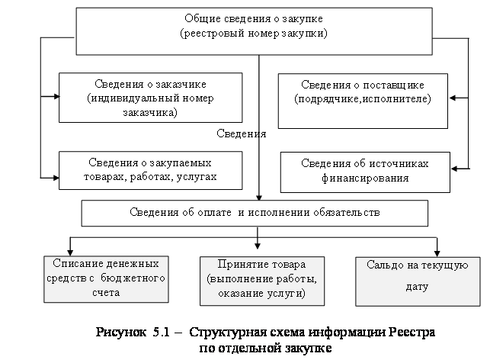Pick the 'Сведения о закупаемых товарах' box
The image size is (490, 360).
tap(152, 170)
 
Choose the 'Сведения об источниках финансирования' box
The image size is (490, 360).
tap(364, 172)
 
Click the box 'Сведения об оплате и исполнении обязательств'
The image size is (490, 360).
tap(255, 213)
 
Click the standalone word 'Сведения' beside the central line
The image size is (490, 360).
tap(242, 133)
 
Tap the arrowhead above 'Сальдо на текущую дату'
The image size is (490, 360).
tap(437, 252)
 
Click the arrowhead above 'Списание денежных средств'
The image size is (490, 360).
tap(70, 252)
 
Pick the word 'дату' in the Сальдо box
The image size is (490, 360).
tap(418, 288)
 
